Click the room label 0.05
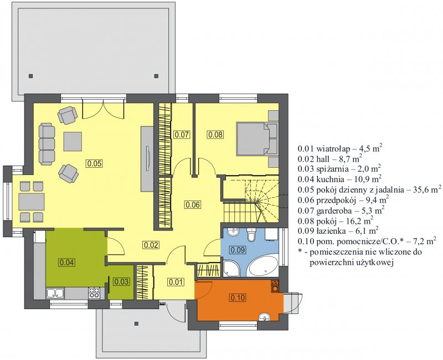(94, 163)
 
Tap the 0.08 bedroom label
(215, 135)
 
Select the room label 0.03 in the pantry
(121, 281)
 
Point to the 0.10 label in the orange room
(238, 297)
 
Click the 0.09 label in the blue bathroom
(238, 250)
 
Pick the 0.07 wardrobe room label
(182, 135)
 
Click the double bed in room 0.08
(257, 139)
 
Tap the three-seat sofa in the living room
(47, 144)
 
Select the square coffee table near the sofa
(73, 141)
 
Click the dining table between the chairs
(32, 202)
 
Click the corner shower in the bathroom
(231, 269)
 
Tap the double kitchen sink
(55, 293)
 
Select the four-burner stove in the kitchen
(94, 293)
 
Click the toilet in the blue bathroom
(251, 235)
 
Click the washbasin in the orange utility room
(265, 317)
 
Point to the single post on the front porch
(136, 324)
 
